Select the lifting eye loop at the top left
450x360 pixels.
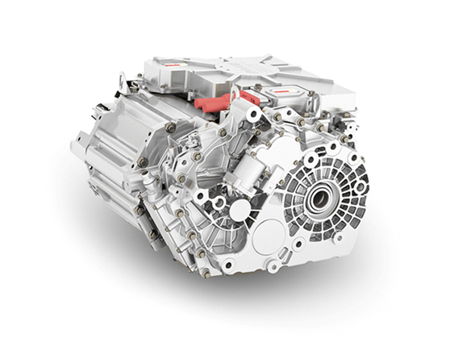(x=122, y=81)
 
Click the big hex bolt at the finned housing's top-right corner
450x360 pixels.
(x=170, y=127)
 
